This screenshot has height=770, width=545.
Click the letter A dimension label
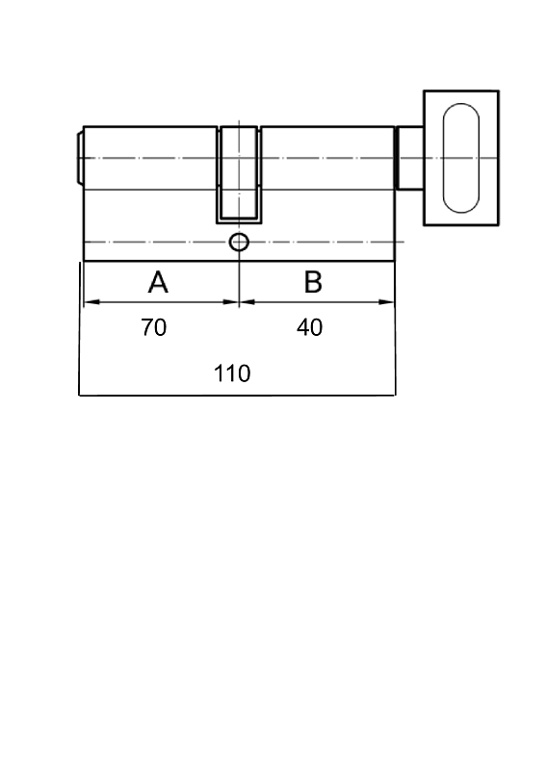point(158,282)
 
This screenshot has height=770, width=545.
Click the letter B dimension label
point(313,282)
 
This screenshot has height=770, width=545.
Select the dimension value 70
point(154,327)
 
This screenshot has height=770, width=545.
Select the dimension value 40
point(310,327)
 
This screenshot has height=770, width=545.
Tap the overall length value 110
point(232,373)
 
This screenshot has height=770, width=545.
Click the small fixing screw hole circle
point(240,243)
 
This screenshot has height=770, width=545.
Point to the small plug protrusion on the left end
point(80,158)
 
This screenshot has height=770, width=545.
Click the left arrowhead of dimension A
point(91,302)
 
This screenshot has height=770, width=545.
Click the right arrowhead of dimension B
point(387,302)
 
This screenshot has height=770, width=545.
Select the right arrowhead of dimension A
point(231,302)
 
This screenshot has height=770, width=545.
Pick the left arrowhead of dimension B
point(247,302)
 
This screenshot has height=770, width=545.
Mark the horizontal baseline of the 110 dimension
point(237,395)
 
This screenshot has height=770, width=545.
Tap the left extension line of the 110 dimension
point(79,328)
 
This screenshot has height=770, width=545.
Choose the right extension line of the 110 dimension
point(395,328)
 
